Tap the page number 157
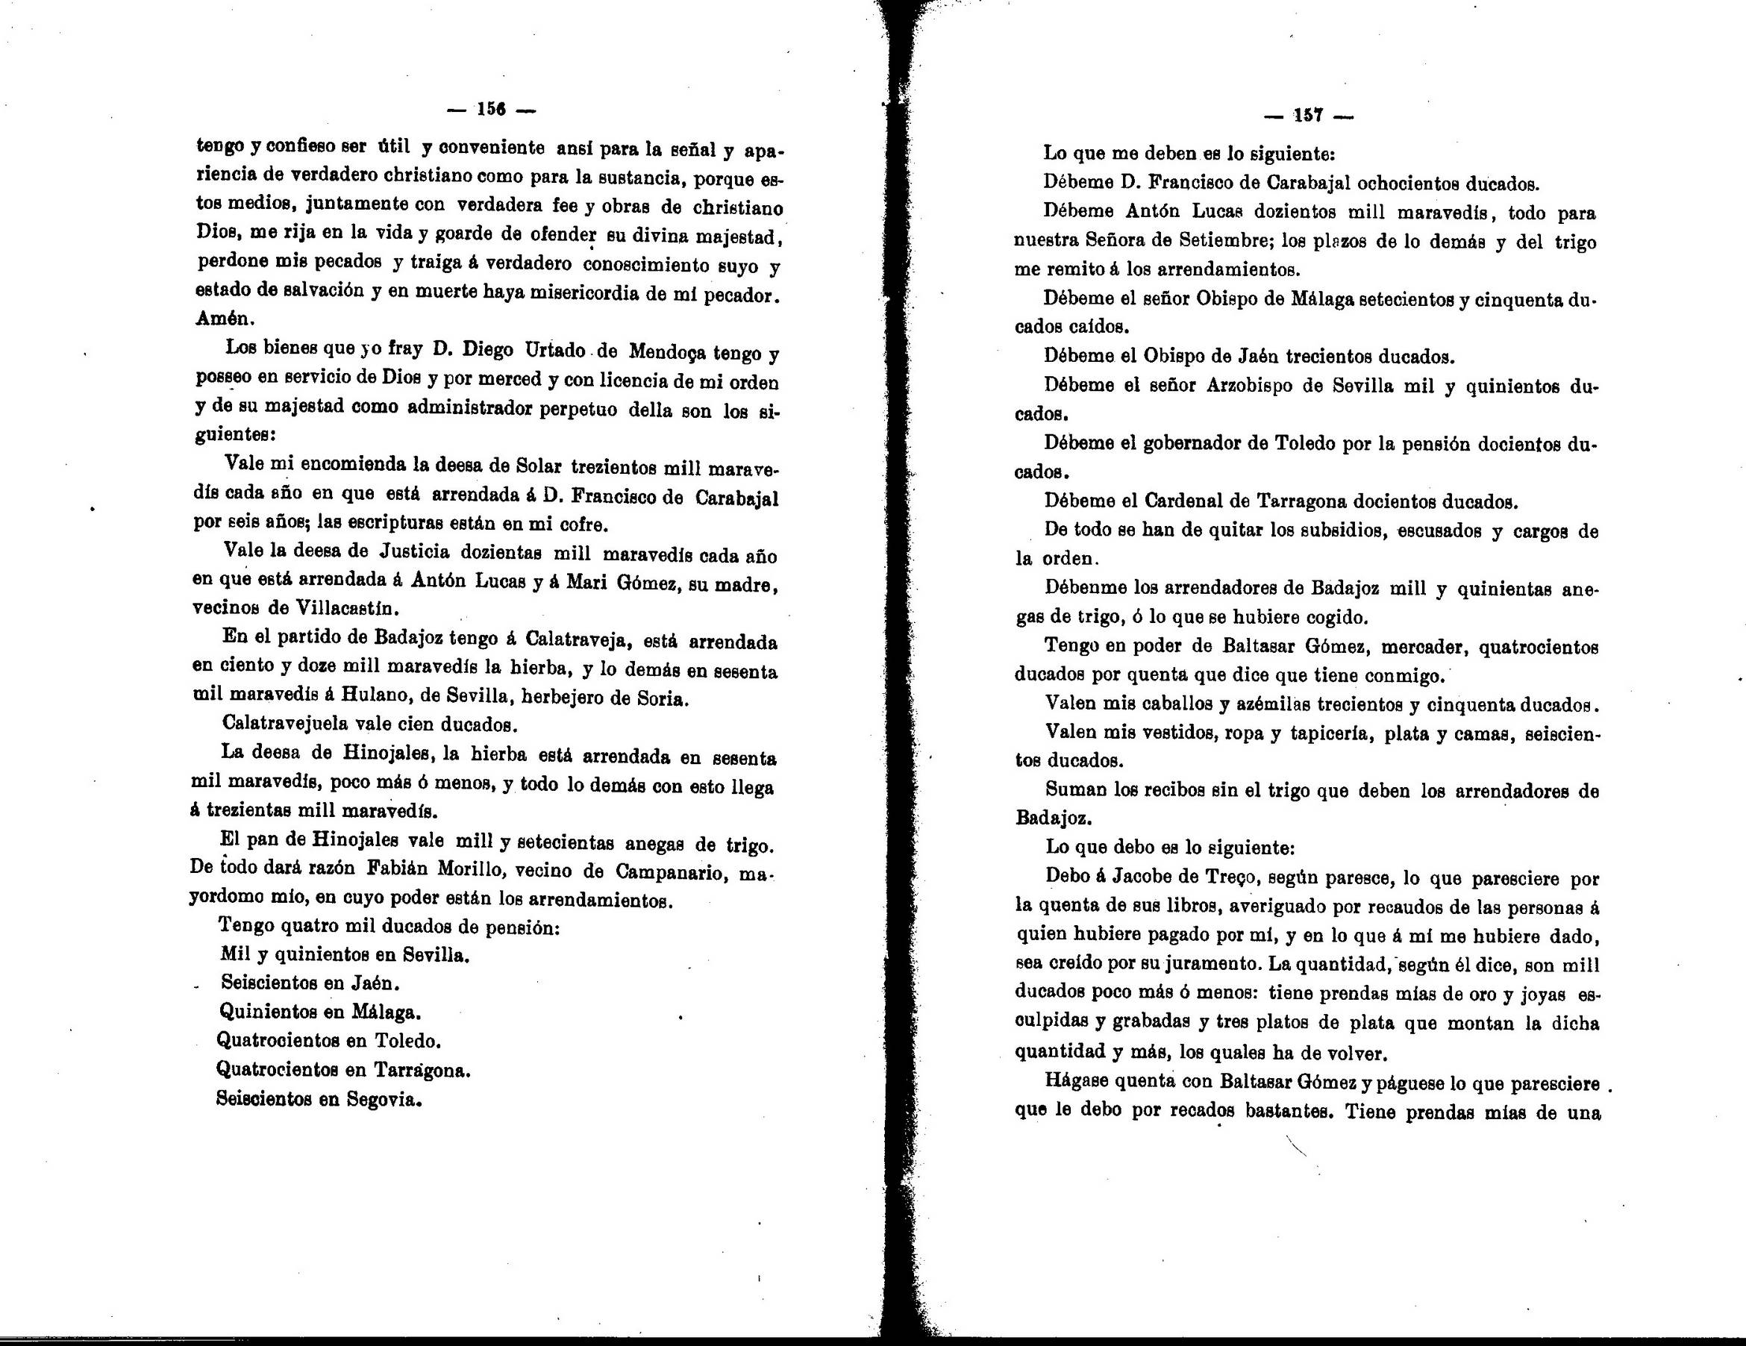(x=1309, y=116)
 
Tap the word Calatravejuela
(x=285, y=724)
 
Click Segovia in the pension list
(x=383, y=1099)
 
